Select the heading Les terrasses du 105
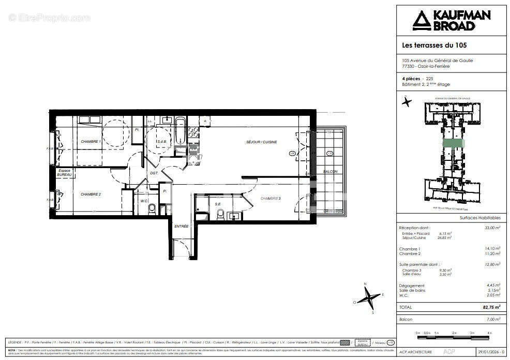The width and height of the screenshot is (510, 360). point(434,45)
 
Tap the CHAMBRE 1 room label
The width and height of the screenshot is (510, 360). point(91,141)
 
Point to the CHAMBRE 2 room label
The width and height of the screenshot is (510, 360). point(91,194)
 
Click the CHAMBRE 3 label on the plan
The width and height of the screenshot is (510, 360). point(271,199)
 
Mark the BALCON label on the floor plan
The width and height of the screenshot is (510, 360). point(330,172)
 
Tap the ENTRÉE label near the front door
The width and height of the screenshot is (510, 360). point(181,227)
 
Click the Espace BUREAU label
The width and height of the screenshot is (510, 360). point(64,173)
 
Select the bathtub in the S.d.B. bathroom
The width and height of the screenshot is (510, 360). point(180,131)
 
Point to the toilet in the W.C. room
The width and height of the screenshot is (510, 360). point(152,209)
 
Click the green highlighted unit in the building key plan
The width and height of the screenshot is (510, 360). point(453,144)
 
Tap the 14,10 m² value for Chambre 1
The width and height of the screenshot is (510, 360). point(492,249)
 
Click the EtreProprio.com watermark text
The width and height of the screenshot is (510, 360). point(49,18)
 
